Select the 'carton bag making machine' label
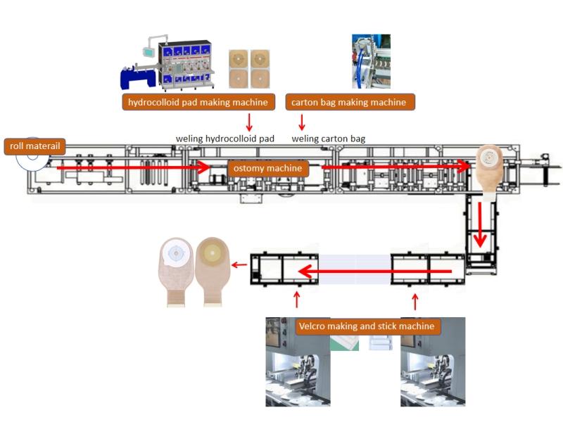[x=350, y=103]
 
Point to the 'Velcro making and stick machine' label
[x=368, y=326]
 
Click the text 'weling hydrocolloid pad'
[x=225, y=138]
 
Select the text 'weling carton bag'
[x=329, y=138]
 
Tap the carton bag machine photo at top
[x=371, y=61]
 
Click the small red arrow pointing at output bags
[x=239, y=265]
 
